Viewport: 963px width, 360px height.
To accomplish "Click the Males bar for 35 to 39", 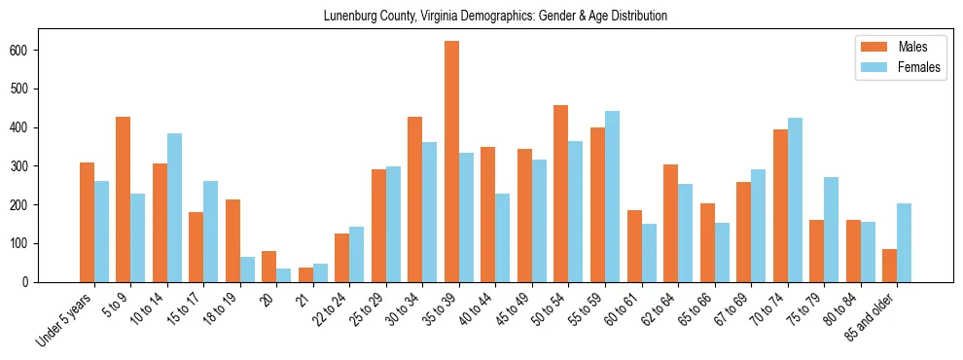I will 451,162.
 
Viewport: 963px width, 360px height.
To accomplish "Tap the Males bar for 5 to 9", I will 124,199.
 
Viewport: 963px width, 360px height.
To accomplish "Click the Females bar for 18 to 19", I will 247,270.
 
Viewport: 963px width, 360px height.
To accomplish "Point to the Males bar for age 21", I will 305,274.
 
